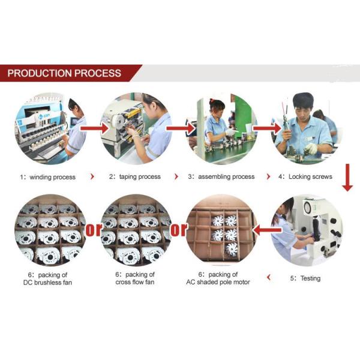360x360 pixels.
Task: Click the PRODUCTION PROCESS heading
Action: [x=64, y=73]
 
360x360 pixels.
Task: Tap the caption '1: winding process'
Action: [x=48, y=177]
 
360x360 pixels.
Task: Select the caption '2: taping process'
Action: [x=135, y=177]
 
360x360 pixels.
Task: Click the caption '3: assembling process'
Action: [x=221, y=177]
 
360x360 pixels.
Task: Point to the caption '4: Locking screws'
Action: [x=305, y=176]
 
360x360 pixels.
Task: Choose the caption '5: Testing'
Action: [x=305, y=278]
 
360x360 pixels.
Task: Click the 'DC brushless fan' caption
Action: [x=48, y=283]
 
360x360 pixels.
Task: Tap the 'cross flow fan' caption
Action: [x=135, y=282]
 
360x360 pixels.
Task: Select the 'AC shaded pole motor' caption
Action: [x=218, y=282]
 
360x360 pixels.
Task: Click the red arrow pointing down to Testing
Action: [x=347, y=177]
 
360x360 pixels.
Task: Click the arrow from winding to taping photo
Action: [x=95, y=128]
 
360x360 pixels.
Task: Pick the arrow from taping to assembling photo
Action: [x=181, y=128]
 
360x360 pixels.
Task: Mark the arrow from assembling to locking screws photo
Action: [x=267, y=128]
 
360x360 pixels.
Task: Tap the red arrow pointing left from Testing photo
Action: [x=267, y=230]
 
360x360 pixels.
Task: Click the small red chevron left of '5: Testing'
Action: [x=269, y=277]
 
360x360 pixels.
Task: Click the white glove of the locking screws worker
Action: [x=311, y=148]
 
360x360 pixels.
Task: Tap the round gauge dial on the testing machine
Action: [x=308, y=208]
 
